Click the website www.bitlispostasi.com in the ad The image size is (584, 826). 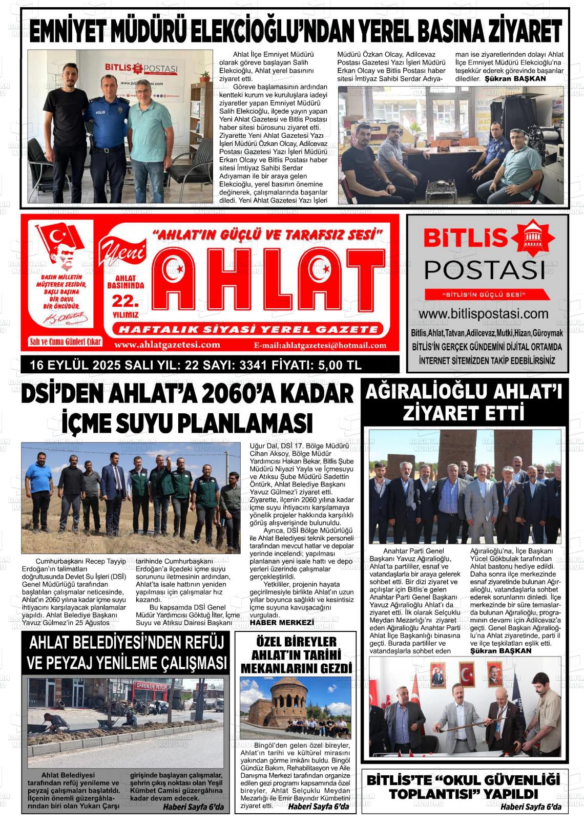pos(484,313)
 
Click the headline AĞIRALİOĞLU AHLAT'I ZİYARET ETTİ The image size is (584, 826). pos(464,403)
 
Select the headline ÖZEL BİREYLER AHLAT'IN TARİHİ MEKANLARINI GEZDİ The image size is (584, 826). pos(296,655)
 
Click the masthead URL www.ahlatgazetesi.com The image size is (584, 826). pos(167,345)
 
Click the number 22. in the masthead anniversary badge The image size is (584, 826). pos(126,300)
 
